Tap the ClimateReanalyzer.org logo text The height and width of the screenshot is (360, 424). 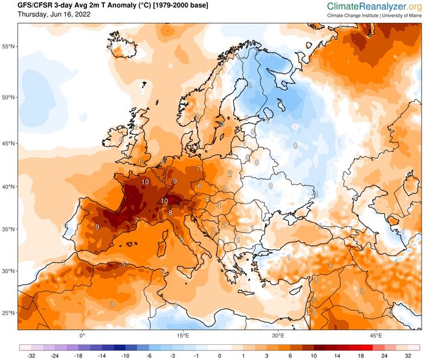pyautogui.click(x=374, y=6)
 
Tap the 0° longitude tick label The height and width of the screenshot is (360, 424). pyautogui.click(x=82, y=335)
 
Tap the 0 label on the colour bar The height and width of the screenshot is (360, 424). pyautogui.click(x=220, y=356)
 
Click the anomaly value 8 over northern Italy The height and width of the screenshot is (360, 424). pyautogui.click(x=170, y=212)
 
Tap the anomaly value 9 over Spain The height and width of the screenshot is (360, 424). pyautogui.click(x=97, y=227)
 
